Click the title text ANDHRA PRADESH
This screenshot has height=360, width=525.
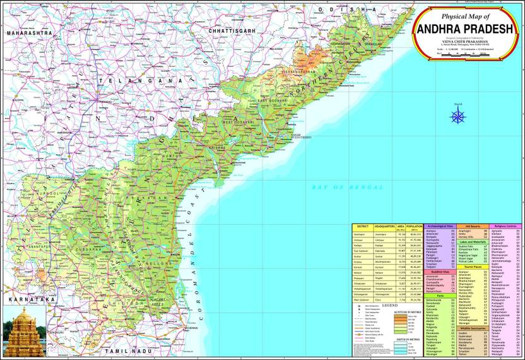pyautogui.click(x=467, y=30)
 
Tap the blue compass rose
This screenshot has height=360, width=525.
pyautogui.click(x=458, y=116)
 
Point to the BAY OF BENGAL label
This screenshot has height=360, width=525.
pyautogui.click(x=348, y=188)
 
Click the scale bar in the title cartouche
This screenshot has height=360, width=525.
pyautogui.click(x=468, y=56)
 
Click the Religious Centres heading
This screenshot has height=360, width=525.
pyautogui.click(x=507, y=225)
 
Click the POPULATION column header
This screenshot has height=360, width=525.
pyautogui.click(x=415, y=227)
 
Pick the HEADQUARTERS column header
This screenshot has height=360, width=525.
pyautogui.click(x=384, y=226)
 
